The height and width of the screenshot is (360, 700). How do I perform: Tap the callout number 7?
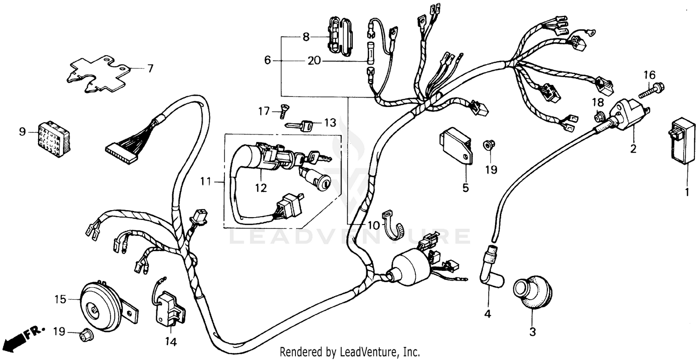tap(150, 69)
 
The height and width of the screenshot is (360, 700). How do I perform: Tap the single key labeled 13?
tap(301, 125)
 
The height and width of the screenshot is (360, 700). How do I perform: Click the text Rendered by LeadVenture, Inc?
tap(350, 352)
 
